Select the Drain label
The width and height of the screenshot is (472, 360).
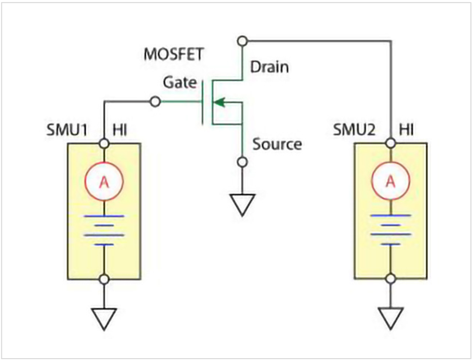tap(269, 67)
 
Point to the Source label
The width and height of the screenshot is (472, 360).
tap(277, 144)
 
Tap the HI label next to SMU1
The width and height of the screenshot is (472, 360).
tap(120, 130)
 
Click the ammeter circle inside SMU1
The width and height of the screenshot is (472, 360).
tap(104, 182)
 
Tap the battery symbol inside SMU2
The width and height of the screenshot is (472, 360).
tap(391, 229)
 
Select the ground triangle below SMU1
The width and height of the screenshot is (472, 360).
tap(104, 318)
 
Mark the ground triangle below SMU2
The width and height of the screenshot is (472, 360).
tap(391, 318)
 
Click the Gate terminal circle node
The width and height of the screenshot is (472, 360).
tap(155, 102)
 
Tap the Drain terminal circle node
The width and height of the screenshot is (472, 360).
tap(242, 41)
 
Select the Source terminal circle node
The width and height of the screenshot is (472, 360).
tap(242, 161)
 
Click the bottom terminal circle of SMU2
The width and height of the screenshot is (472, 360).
tap(391, 279)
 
